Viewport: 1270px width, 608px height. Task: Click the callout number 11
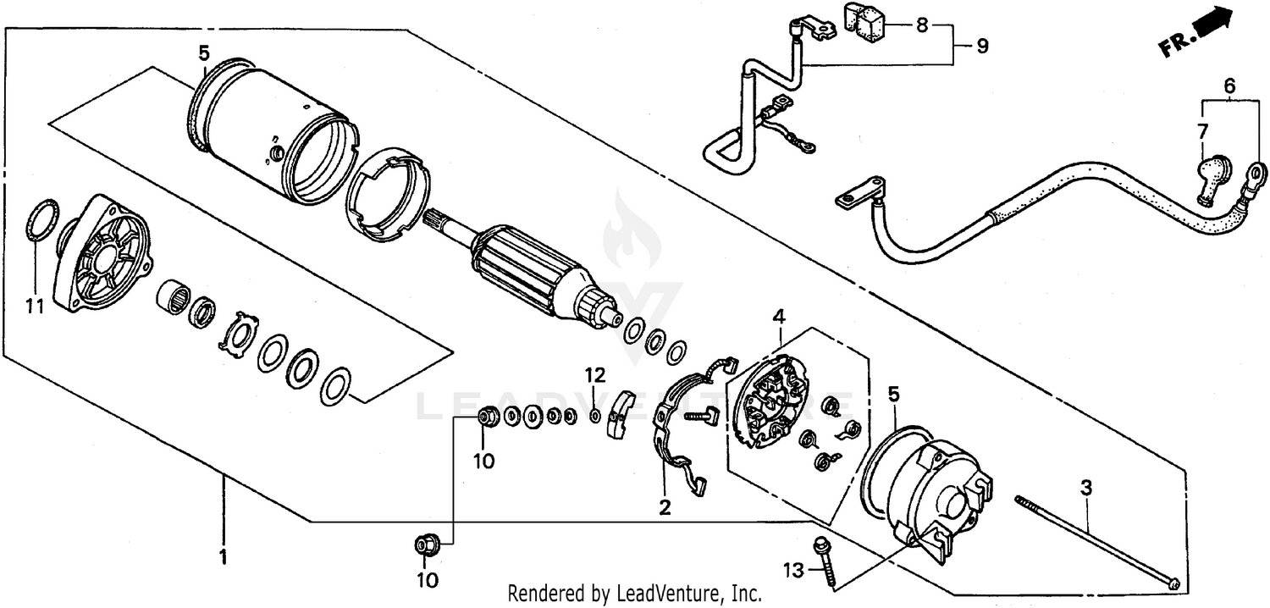tap(34, 307)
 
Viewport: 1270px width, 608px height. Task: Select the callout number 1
tap(224, 557)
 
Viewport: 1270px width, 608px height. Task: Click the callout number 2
tap(665, 507)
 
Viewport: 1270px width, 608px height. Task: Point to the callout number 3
tap(1086, 487)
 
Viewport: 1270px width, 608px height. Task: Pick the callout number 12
tap(595, 373)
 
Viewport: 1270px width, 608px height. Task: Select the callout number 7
tap(1202, 130)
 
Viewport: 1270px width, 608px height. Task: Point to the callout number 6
tap(1229, 86)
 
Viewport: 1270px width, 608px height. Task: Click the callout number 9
tap(981, 46)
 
